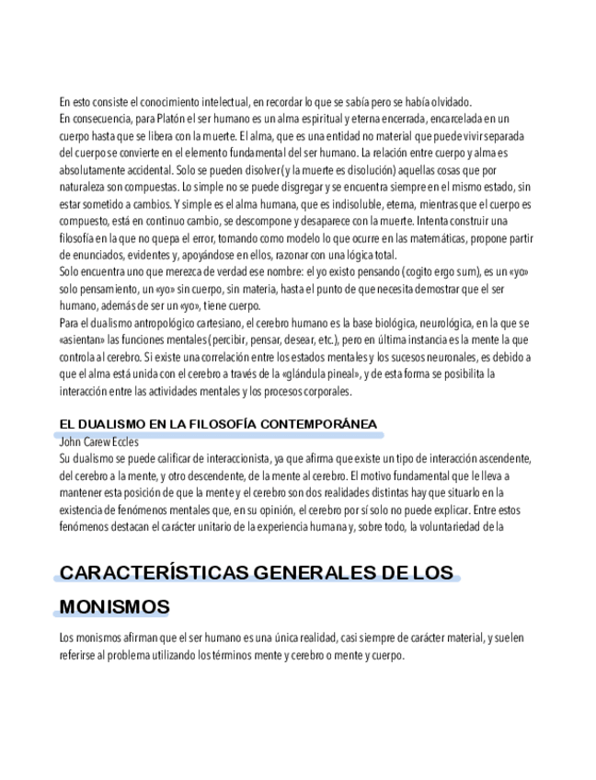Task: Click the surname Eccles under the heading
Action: click(x=125, y=441)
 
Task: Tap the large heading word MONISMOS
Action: click(x=115, y=608)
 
